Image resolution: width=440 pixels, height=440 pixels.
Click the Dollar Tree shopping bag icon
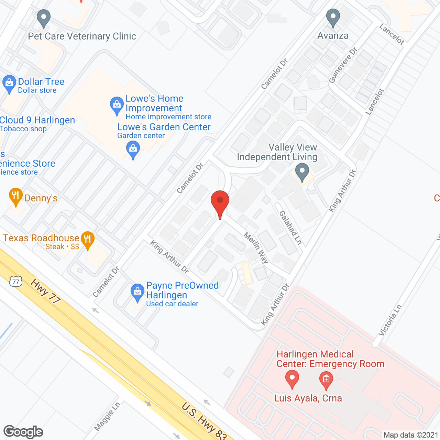[x=9, y=83]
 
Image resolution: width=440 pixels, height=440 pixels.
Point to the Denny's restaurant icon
[x=15, y=196]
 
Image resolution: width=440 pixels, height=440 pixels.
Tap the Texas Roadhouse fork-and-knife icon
[x=88, y=239]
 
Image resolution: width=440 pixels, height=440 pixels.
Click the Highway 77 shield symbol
[x=15, y=282]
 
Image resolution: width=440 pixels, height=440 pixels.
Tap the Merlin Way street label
[x=256, y=247]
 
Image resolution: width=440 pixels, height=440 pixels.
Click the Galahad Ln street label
[x=290, y=228]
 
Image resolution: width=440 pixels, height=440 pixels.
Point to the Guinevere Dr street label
[x=343, y=65]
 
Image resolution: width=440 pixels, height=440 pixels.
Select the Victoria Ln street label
[x=390, y=320]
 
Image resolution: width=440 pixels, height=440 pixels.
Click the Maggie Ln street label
[x=107, y=416]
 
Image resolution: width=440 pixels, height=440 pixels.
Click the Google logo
[x=23, y=432]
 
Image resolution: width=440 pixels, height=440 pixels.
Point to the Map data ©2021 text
[x=410, y=435]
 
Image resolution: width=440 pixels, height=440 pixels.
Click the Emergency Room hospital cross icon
[x=326, y=379]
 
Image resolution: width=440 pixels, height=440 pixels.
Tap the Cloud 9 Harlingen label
[x=37, y=120]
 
